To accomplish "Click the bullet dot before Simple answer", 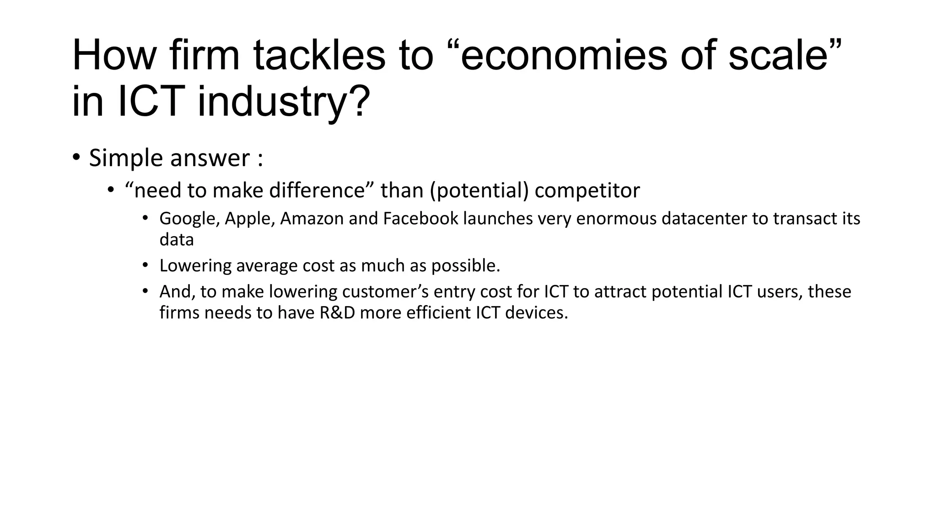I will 76,157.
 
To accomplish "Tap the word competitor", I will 587,190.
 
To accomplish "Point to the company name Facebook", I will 420,219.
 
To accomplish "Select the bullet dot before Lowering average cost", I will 145,265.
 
